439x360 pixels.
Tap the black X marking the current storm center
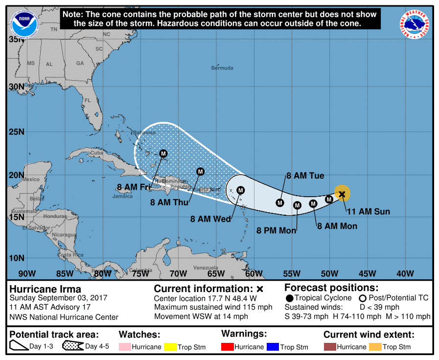pyautogui.click(x=342, y=194)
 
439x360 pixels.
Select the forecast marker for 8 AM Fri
pyautogui.click(x=163, y=153)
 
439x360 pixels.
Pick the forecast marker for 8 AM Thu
pyautogui.click(x=200, y=171)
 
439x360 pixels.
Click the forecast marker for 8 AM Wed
pyautogui.click(x=240, y=190)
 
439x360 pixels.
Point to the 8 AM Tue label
pyautogui.click(x=305, y=176)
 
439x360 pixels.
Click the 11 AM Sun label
pyautogui.click(x=368, y=211)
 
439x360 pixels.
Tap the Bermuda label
pyautogui.click(x=222, y=68)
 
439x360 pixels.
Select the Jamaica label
pyautogui.click(x=122, y=196)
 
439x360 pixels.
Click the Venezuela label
pyautogui.click(x=206, y=268)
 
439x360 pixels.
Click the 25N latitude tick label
pyautogui.click(x=17, y=132)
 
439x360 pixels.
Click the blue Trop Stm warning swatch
pyautogui.click(x=272, y=347)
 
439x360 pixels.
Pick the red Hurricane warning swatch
pyautogui.click(x=228, y=347)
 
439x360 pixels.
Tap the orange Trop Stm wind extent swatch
pyautogui.click(x=374, y=347)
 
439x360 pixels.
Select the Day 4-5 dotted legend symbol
pyautogui.click(x=72, y=347)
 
